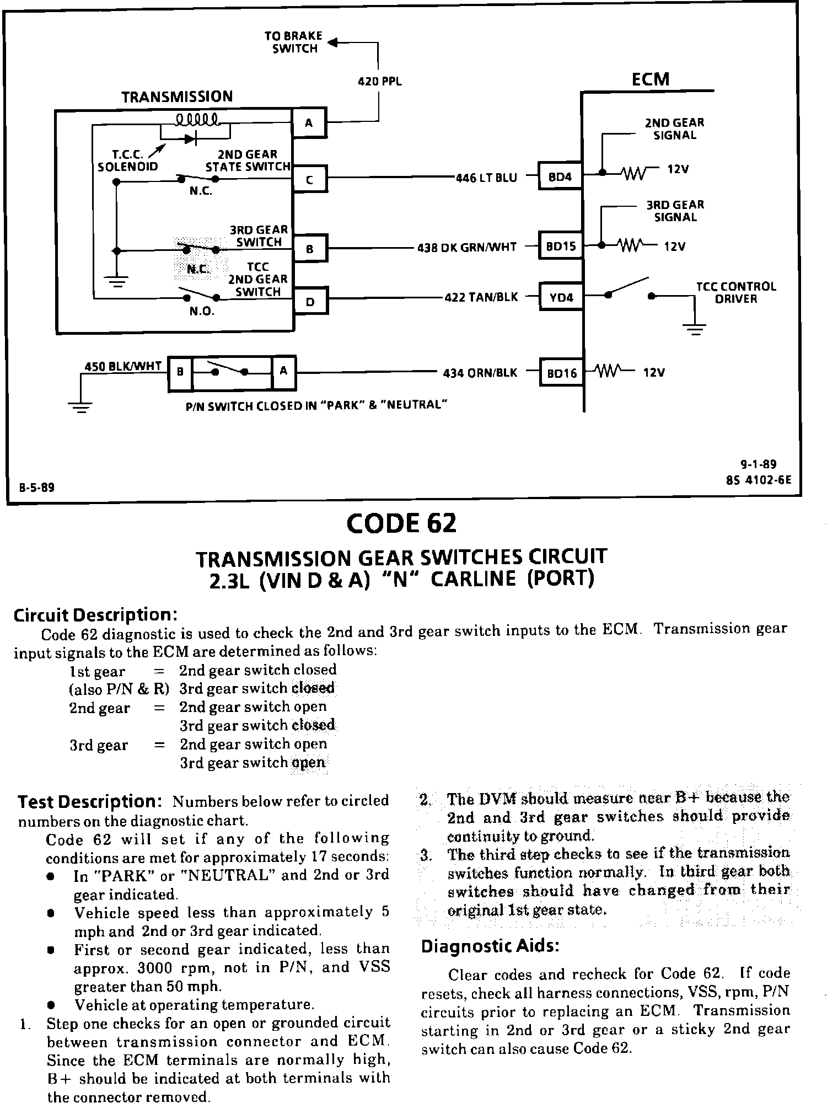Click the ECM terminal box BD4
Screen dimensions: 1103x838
tap(560, 177)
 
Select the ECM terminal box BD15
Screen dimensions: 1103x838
tap(561, 246)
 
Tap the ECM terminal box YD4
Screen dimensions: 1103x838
tap(561, 298)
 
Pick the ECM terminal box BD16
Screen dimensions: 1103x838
tap(561, 373)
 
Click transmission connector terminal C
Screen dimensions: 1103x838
tap(309, 179)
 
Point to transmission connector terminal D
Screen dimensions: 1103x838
tap(310, 302)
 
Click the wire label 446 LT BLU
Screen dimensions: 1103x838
tap(486, 178)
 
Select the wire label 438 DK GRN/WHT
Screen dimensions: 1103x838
tap(466, 248)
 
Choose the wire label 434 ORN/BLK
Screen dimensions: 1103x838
tap(480, 373)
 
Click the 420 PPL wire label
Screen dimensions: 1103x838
tap(380, 82)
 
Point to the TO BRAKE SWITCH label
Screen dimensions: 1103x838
tap(294, 42)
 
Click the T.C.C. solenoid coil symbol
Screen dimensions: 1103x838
tap(197, 119)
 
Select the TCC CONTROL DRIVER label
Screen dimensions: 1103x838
tap(735, 293)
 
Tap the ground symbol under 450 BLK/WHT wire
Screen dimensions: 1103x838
tap(80, 408)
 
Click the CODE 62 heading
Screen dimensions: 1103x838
tap(401, 523)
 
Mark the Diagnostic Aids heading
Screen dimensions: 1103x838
tap(490, 946)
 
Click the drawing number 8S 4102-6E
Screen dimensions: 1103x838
tap(758, 479)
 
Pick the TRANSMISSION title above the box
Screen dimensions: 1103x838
tap(177, 97)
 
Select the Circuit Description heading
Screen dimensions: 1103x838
tap(95, 614)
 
